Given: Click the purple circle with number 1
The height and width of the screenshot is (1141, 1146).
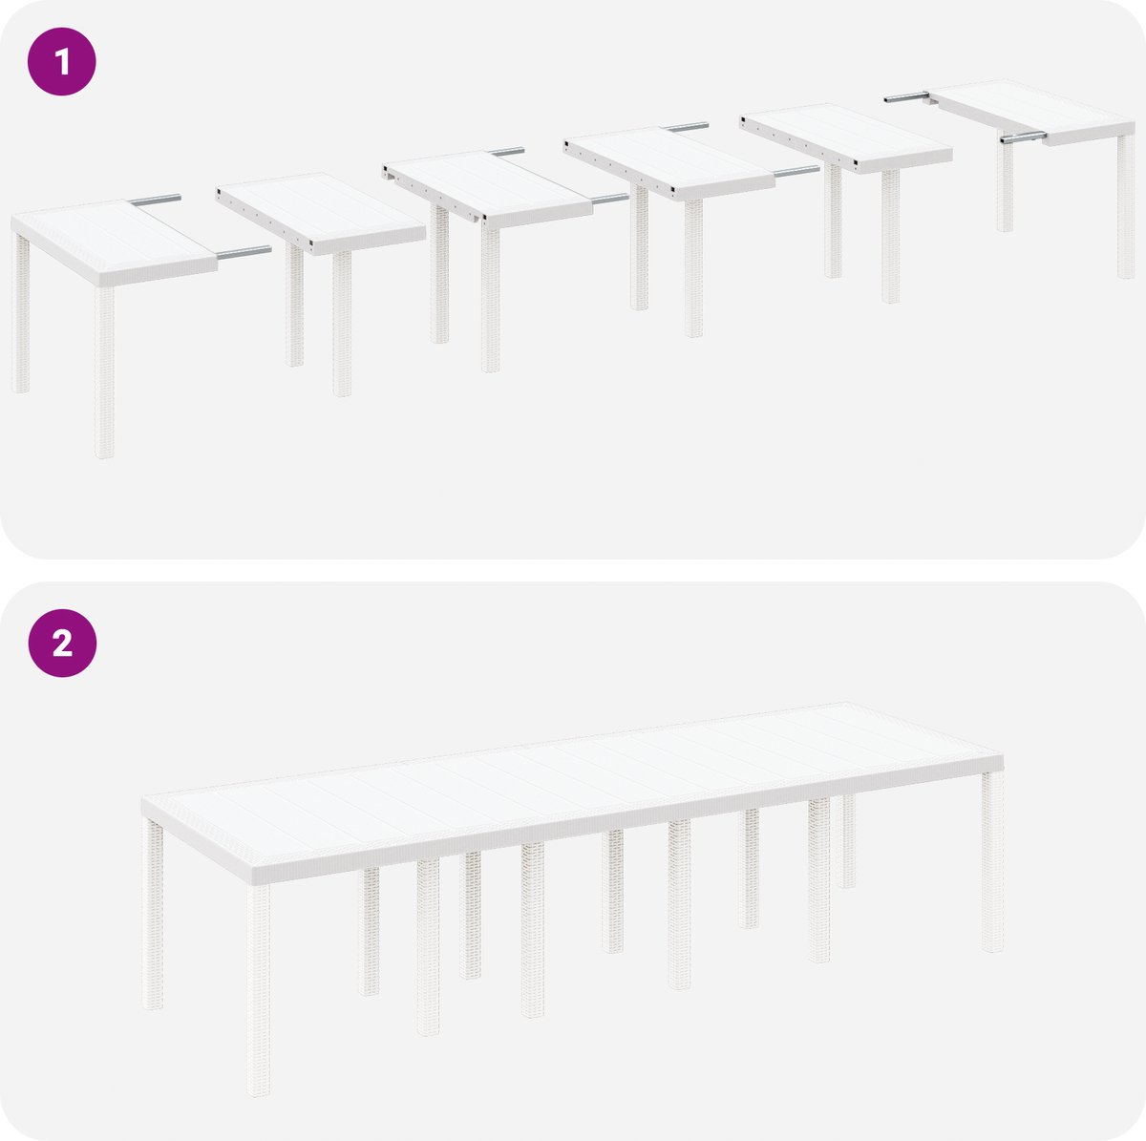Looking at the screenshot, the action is pos(62,61).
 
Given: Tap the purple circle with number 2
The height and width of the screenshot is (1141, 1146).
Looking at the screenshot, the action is pos(62,644).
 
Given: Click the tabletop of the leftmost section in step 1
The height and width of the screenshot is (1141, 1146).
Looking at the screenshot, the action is pos(113,242).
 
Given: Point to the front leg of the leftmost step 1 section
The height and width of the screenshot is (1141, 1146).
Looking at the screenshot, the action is pos(104,372).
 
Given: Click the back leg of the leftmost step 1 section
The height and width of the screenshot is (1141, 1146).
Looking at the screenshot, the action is pos(21,313).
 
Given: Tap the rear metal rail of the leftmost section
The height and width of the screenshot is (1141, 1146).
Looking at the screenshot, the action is pos(156,200).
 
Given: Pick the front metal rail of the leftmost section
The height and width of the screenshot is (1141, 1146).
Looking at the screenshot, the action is pos(244,253).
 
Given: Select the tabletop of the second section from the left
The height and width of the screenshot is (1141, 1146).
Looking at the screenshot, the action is pos(321,213).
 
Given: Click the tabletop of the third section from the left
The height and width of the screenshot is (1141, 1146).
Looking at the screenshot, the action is pos(488,188).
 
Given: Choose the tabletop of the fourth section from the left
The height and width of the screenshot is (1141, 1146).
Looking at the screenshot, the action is pos(669,162).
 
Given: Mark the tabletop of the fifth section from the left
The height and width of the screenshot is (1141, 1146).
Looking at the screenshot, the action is pos(846,137).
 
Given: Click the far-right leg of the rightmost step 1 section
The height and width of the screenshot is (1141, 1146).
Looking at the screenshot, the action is pos(1126,206).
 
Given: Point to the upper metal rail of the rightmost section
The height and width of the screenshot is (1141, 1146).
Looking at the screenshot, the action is pos(906,96).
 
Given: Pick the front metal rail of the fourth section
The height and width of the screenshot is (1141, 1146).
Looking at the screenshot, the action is pos(796,172).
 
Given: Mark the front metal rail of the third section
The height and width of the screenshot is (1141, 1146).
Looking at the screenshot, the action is pos(610,199).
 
